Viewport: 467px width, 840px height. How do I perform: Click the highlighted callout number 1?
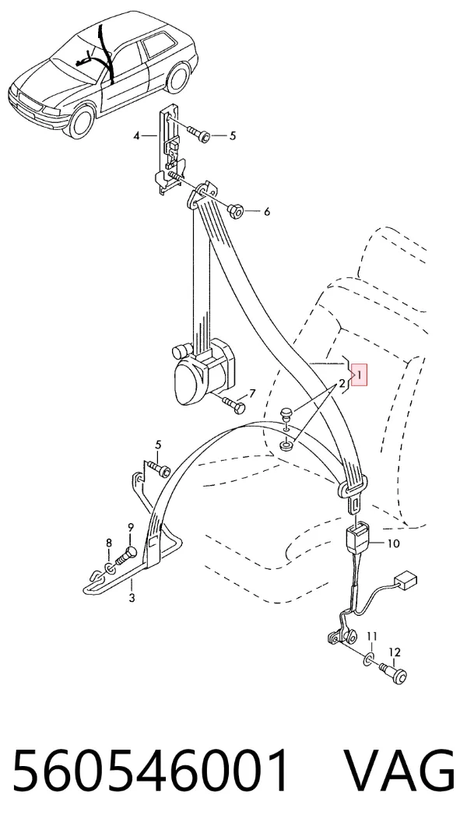(x=360, y=374)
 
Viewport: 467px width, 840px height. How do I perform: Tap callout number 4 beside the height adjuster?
(x=136, y=136)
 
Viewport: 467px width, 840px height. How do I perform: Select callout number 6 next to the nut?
(x=267, y=212)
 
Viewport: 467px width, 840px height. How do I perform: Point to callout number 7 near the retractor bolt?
(x=252, y=394)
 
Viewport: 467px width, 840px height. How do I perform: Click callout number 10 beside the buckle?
(x=393, y=543)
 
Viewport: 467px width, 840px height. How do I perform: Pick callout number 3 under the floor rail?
(x=132, y=598)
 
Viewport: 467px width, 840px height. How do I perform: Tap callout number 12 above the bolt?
(x=394, y=652)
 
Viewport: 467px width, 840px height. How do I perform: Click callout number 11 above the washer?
(x=372, y=637)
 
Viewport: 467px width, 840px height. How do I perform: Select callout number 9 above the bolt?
(x=130, y=529)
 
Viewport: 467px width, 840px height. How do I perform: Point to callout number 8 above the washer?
(x=109, y=543)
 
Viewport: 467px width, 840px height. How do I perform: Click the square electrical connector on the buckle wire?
(x=406, y=580)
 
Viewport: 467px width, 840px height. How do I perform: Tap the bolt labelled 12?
(x=395, y=673)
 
